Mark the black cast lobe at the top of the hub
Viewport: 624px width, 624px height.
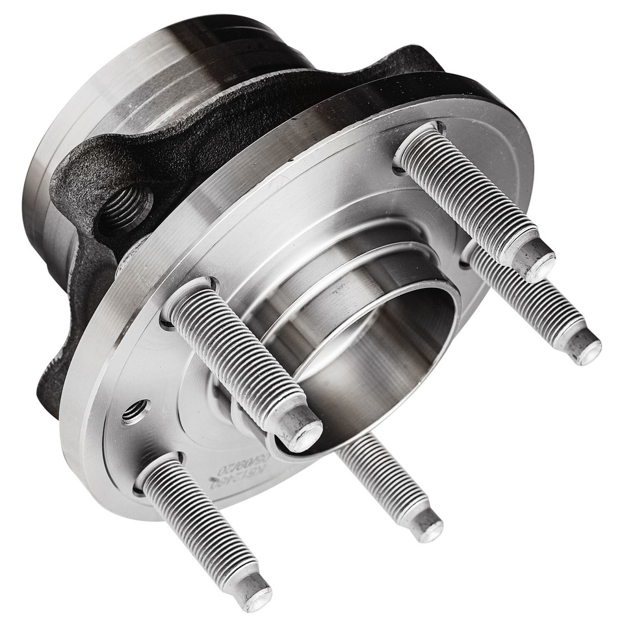coord(409,62)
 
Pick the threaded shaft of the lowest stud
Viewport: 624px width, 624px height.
coord(195,520)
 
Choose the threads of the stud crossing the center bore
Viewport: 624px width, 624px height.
coord(234,357)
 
